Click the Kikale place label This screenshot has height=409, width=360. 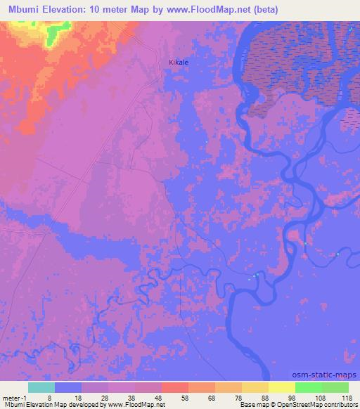[x=179, y=63]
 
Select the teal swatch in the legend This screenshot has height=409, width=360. [x=41, y=387]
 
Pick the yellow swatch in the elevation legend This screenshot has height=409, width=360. [x=282, y=387]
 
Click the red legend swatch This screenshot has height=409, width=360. [x=175, y=387]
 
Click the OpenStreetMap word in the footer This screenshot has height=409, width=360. [x=292, y=405]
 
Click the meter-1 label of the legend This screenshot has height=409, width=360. [x=14, y=397]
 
